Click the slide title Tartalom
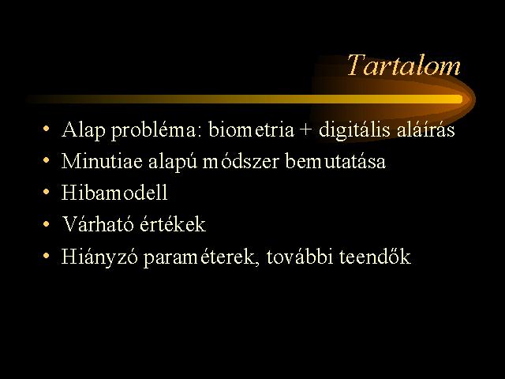click(404, 66)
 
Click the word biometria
click(251, 129)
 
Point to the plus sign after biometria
click(306, 131)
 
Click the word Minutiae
click(102, 161)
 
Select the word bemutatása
click(335, 161)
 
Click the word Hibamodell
click(114, 193)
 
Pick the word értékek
click(173, 224)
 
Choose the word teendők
click(376, 256)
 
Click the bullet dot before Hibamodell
click(47, 192)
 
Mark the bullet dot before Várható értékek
click(47, 223)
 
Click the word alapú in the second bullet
click(172, 162)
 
